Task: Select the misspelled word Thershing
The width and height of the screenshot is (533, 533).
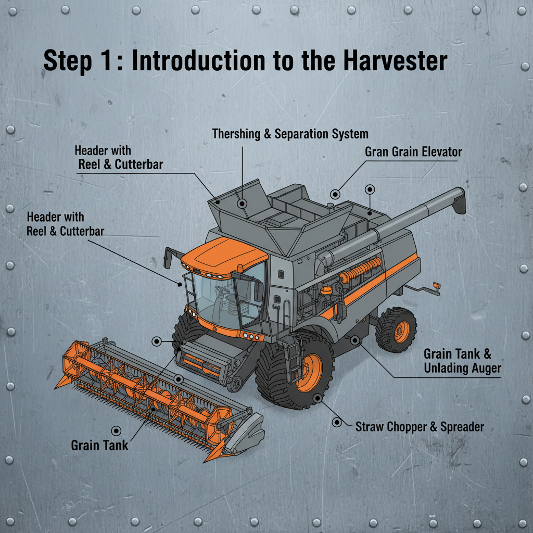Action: point(236,134)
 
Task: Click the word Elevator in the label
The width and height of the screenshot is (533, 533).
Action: point(441,153)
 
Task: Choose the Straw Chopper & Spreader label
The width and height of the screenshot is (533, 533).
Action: point(419,427)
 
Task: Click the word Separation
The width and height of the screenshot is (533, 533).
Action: point(302,134)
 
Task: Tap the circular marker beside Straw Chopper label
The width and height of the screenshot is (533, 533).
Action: point(337,422)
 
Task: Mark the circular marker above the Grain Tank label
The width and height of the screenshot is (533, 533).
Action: point(116,429)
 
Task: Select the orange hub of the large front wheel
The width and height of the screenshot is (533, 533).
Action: point(309,373)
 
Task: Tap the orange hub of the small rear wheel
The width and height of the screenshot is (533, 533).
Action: point(401,332)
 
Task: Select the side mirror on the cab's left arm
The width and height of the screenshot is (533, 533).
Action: point(168,259)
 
